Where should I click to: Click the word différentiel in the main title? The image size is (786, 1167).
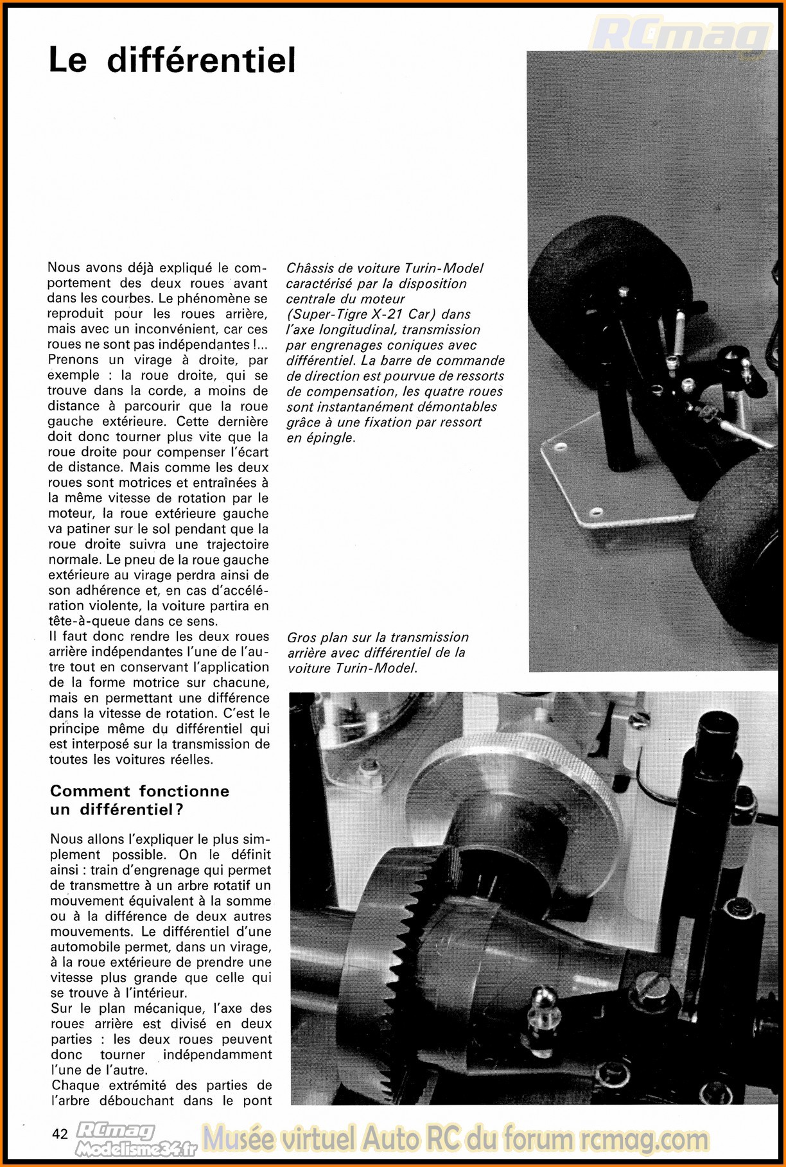[201, 61]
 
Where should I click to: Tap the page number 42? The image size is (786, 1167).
[60, 1134]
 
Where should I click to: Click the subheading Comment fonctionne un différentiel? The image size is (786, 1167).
[139, 800]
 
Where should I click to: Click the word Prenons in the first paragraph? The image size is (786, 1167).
[73, 360]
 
